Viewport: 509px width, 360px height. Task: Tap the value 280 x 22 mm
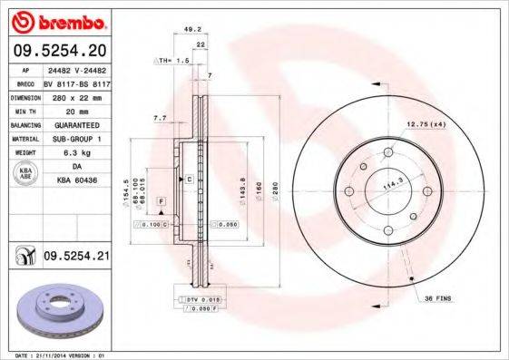tap(75, 96)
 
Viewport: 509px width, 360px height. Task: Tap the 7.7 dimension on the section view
tap(160, 118)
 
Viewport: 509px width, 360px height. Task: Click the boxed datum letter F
tap(162, 199)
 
